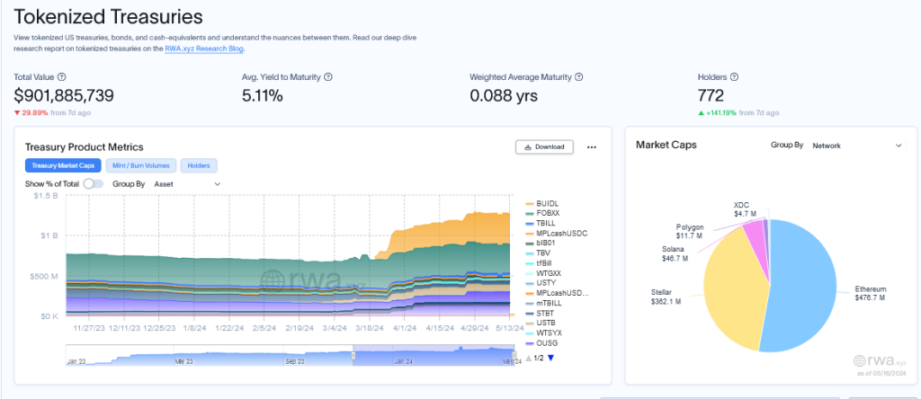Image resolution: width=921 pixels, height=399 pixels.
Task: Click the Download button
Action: (x=544, y=146)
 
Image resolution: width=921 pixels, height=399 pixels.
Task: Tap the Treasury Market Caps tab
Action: (x=63, y=165)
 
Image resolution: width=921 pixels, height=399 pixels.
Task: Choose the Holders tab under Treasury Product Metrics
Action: (x=199, y=165)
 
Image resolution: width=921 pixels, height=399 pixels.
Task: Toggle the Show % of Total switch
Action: (x=94, y=183)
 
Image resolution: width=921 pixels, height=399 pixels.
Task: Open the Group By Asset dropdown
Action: (x=187, y=183)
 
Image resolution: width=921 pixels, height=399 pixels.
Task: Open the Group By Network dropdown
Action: (x=855, y=145)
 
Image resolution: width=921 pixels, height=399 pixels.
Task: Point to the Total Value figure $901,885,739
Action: (x=63, y=95)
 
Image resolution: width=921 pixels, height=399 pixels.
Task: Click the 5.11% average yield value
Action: (x=264, y=95)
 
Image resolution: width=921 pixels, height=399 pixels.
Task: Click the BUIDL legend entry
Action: (x=547, y=203)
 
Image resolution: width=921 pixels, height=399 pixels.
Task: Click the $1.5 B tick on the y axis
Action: (x=46, y=195)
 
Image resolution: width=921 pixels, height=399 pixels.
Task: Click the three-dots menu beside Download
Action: (x=591, y=146)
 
